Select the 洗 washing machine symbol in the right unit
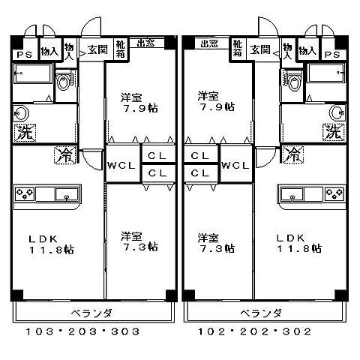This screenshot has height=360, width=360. tap(334, 133)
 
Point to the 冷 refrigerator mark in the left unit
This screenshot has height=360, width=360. tap(65, 156)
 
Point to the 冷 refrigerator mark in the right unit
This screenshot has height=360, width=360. tap(293, 156)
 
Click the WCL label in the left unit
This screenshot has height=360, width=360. tap(121, 165)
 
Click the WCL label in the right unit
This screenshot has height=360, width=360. tap(235, 165)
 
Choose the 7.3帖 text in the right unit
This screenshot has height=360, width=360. tap(216, 246)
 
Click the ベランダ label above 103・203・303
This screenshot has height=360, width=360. tap(92, 312)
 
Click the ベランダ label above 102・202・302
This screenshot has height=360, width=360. tap(262, 312)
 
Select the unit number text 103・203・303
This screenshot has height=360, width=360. tap(82, 331)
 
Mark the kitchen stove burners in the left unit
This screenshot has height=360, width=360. tap(25, 194)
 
